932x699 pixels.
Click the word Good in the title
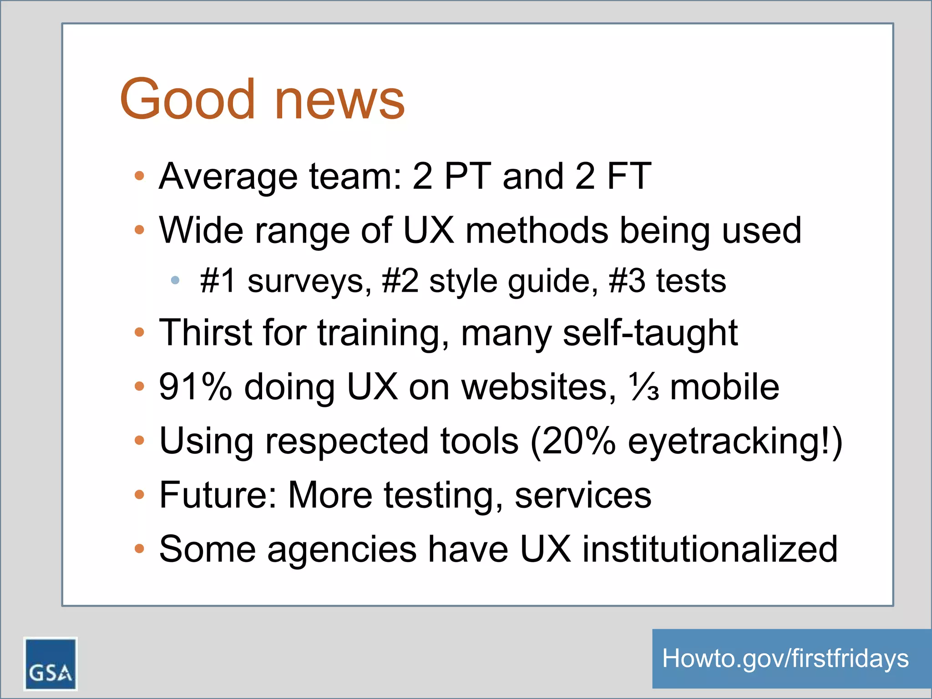(187, 99)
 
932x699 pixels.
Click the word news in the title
(339, 101)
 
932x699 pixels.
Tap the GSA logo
(51, 664)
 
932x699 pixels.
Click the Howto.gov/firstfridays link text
(785, 658)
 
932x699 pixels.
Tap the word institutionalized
(710, 549)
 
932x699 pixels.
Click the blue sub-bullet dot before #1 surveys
(175, 280)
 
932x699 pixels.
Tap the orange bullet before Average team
(139, 176)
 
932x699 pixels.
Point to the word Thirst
(205, 333)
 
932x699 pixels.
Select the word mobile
(724, 387)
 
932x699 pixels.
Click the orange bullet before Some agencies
(139, 549)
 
